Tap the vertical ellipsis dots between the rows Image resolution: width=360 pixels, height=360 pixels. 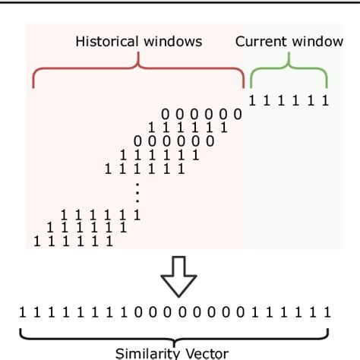[137, 193]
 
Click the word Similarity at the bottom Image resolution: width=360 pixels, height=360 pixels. [147, 353]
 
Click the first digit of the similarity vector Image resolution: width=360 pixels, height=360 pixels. [23, 311]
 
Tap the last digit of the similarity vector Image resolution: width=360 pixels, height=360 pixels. [327, 311]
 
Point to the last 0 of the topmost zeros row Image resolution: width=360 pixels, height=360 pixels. [238, 115]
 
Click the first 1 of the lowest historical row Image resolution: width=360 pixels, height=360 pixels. [36, 242]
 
